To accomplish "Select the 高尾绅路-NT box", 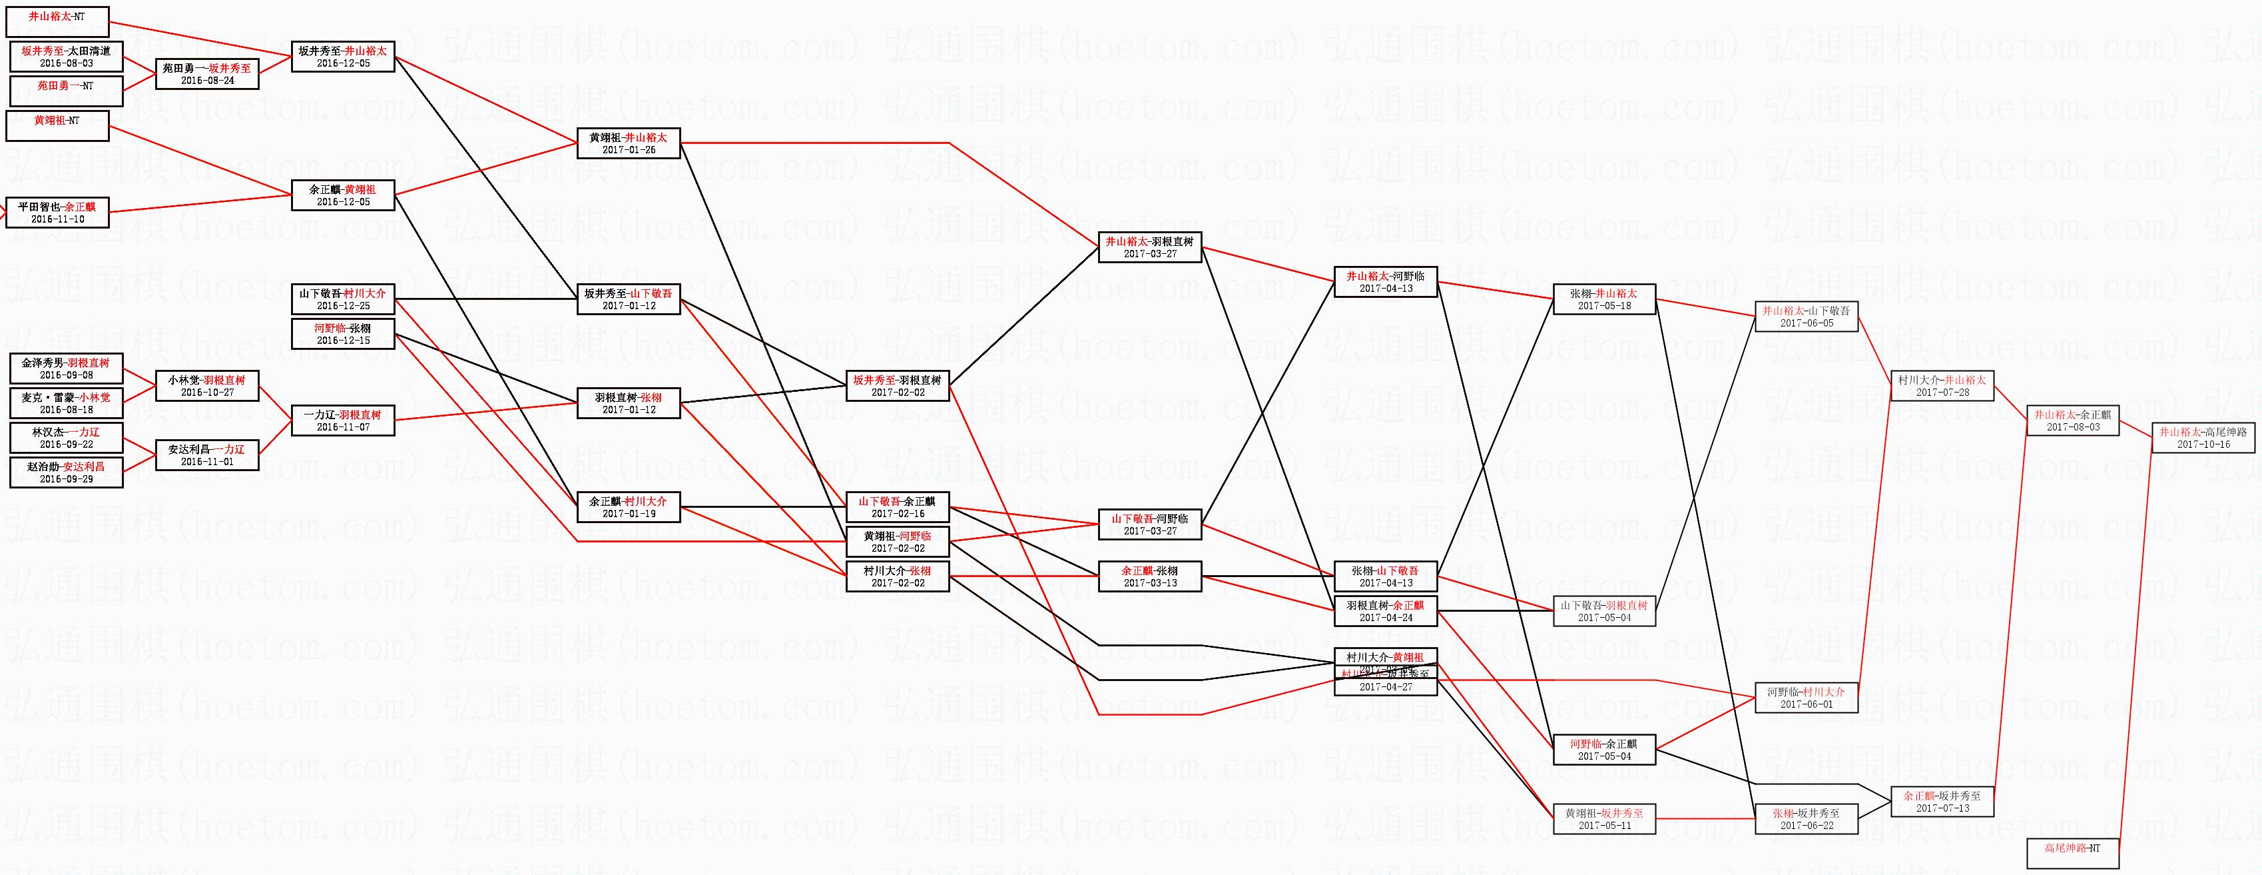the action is click(2072, 853).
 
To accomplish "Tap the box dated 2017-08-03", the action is click(2073, 420).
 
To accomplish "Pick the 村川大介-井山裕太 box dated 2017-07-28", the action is click(1942, 386).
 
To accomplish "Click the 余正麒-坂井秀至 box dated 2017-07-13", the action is click(1942, 801).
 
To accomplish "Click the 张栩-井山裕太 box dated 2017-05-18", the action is click(1603, 299).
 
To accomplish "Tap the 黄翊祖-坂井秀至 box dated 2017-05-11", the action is click(1603, 819).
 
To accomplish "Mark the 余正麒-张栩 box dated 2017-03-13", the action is click(1149, 576).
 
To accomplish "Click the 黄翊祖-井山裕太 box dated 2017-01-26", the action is click(628, 143).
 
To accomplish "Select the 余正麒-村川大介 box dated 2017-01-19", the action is click(628, 507).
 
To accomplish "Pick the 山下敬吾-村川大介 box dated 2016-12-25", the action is click(342, 299).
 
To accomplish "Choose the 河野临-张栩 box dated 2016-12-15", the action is click(342, 334).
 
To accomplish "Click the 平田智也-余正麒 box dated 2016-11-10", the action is click(57, 213).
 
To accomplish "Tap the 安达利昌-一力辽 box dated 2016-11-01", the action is click(206, 455).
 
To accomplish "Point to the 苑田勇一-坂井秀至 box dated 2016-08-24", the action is click(206, 74).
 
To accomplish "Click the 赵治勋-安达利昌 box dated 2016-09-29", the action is click(66, 472).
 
